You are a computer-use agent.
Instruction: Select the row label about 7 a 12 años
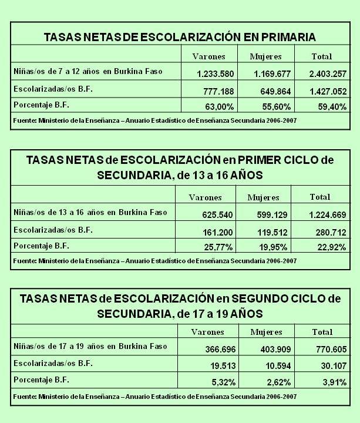tap(88, 71)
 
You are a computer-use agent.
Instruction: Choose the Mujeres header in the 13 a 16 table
tap(263, 197)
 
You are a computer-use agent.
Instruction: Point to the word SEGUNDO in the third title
tap(268, 298)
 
